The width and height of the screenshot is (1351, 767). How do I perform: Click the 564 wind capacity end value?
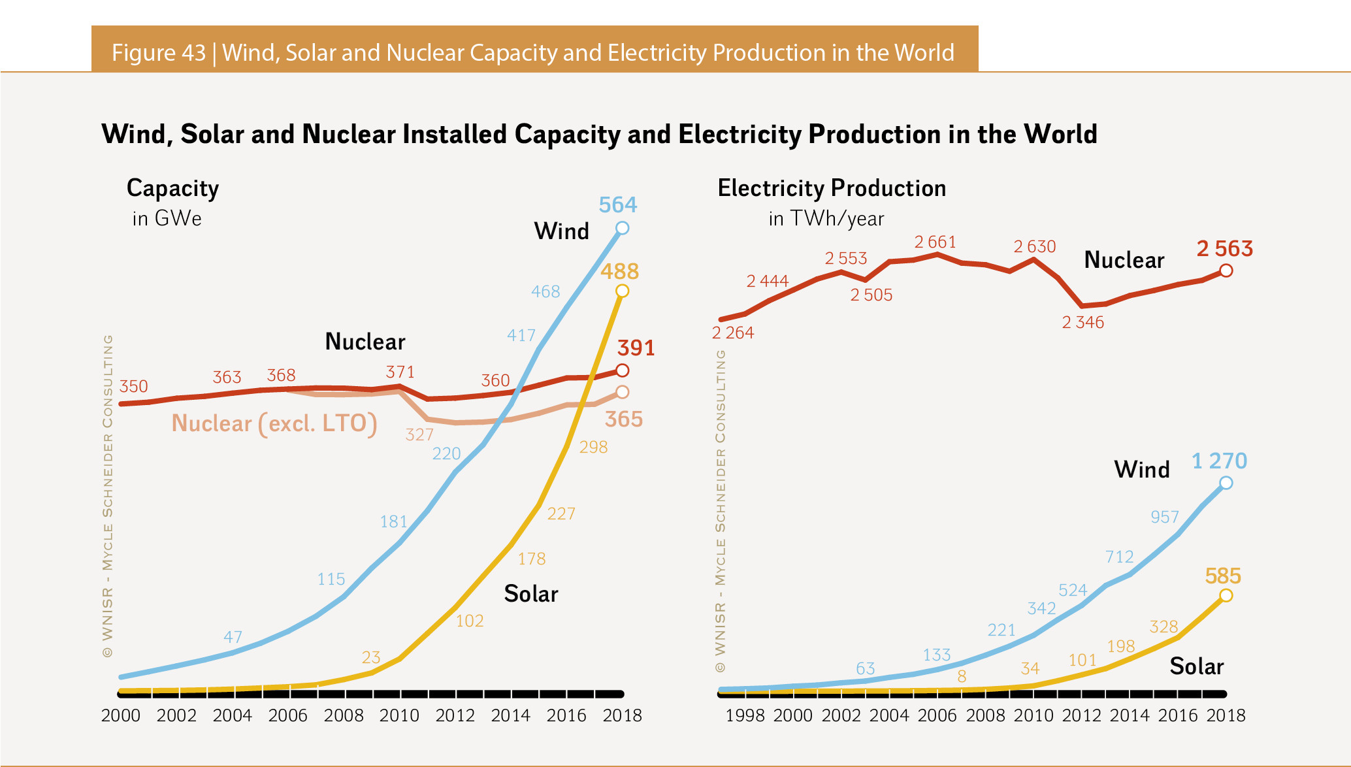618,205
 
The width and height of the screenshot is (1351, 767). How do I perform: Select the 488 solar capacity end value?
619,271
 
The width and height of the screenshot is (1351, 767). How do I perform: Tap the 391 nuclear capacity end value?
636,348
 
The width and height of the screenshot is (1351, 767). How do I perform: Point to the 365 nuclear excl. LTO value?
623,419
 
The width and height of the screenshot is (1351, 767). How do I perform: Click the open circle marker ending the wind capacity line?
622,228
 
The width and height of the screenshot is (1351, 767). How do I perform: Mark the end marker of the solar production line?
1226,595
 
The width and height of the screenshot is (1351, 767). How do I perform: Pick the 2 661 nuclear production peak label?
935,242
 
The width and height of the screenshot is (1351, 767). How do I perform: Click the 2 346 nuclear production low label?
1082,322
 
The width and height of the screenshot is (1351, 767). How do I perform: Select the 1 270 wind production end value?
1219,461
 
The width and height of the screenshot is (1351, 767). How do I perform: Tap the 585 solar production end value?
1222,576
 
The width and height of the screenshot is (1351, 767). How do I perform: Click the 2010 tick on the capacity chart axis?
399,715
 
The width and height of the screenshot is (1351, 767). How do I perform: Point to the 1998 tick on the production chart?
745,715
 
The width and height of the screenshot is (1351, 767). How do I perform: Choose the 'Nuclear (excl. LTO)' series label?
274,423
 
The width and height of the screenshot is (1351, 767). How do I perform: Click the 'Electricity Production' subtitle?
832,188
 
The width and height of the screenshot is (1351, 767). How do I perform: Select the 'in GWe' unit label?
167,218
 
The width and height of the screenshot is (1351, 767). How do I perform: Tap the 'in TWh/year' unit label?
826,218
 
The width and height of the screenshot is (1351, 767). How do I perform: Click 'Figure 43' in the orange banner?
159,52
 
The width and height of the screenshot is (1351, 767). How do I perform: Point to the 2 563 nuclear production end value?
1224,249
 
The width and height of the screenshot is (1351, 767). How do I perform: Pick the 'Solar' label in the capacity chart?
530,594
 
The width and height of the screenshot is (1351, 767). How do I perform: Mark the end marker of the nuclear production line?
1226,270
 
